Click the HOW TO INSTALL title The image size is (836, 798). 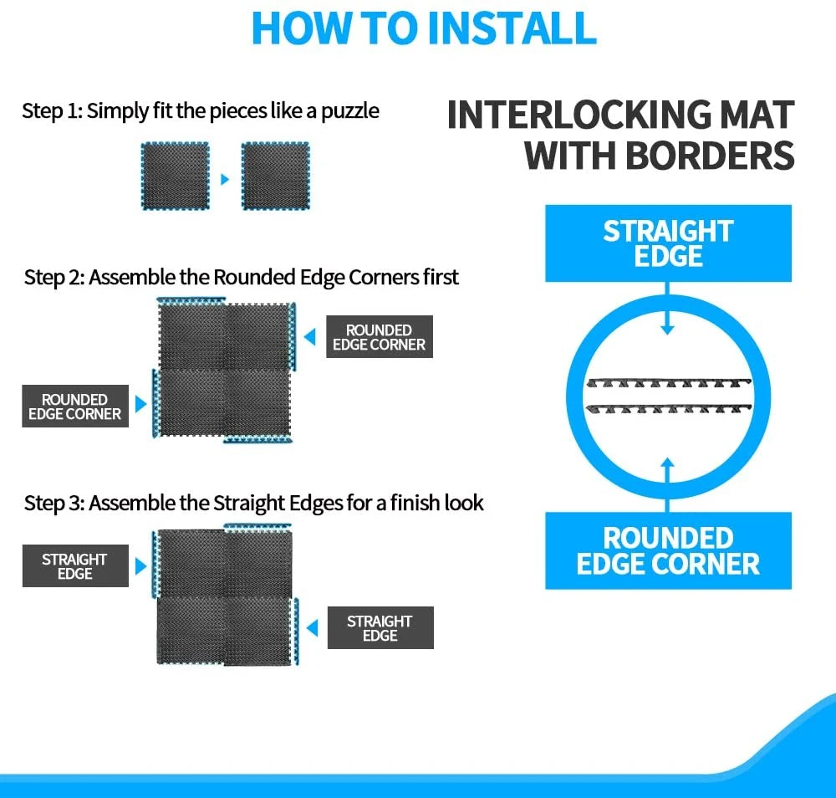pos(424,28)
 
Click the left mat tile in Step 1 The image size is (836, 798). pos(175,176)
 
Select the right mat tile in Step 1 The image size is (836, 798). pos(276,176)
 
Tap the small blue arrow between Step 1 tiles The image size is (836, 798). pos(225,179)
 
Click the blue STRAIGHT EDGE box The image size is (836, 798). pos(668,243)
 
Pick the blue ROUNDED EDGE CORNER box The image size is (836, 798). pos(668,550)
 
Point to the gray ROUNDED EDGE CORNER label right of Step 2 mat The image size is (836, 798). pos(379,336)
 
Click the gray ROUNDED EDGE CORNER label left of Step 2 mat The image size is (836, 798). pos(75,406)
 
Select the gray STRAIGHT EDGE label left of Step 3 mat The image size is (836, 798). pos(75,566)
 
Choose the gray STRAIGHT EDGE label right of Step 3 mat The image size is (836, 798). pos(380,628)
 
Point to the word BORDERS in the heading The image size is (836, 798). pos(709,156)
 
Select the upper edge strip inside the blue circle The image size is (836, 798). pos(669,383)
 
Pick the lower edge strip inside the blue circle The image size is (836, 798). pos(669,408)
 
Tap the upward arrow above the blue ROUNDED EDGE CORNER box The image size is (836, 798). pos(667,485)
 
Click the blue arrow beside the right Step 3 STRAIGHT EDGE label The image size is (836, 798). pos(313,628)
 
